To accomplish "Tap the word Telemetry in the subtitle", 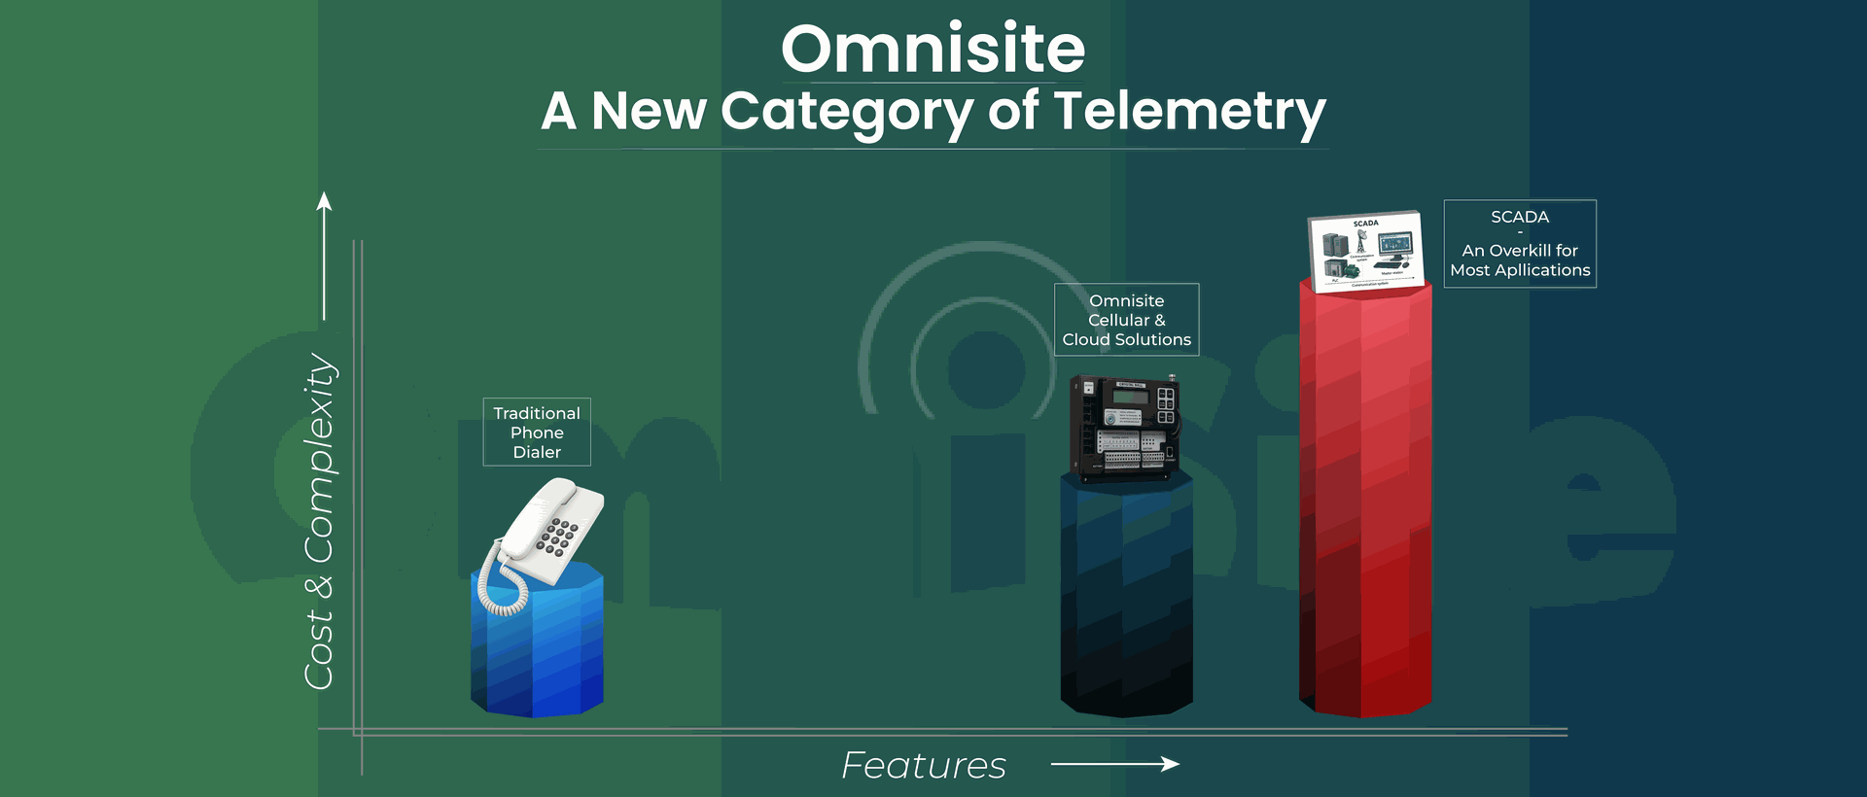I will click(x=1189, y=111).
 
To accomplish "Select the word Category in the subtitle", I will click(x=846, y=111).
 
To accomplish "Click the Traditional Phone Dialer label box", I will click(x=537, y=432).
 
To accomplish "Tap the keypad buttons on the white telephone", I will click(x=557, y=537).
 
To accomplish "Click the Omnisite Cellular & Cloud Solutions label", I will click(x=1126, y=320).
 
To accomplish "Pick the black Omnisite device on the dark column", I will click(x=1126, y=428).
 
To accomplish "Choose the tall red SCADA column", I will click(x=1365, y=505).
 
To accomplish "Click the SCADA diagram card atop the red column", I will click(x=1365, y=251).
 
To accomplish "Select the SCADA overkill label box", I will click(x=1520, y=244).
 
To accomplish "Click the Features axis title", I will click(x=923, y=766).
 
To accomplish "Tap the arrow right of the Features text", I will click(x=1114, y=764).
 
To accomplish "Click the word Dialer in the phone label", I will click(x=537, y=452).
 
